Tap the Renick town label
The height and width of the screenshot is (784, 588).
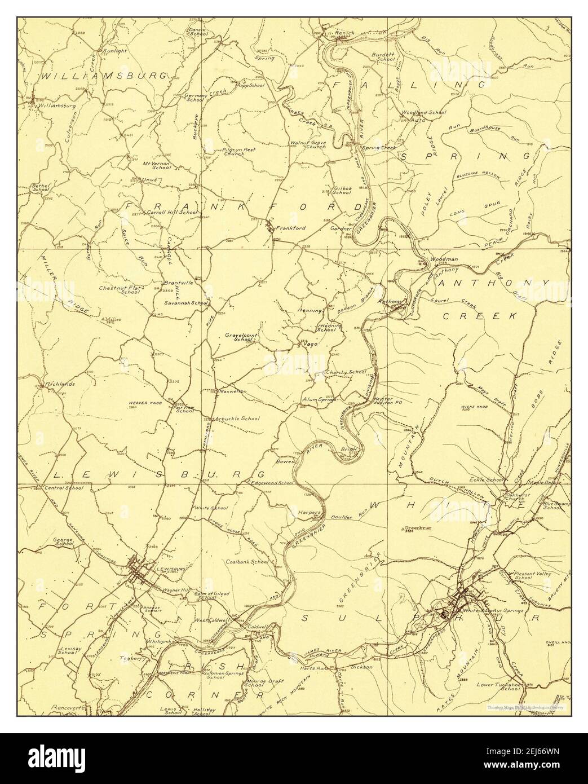point(344,33)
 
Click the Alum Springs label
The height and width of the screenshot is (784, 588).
point(319,399)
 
